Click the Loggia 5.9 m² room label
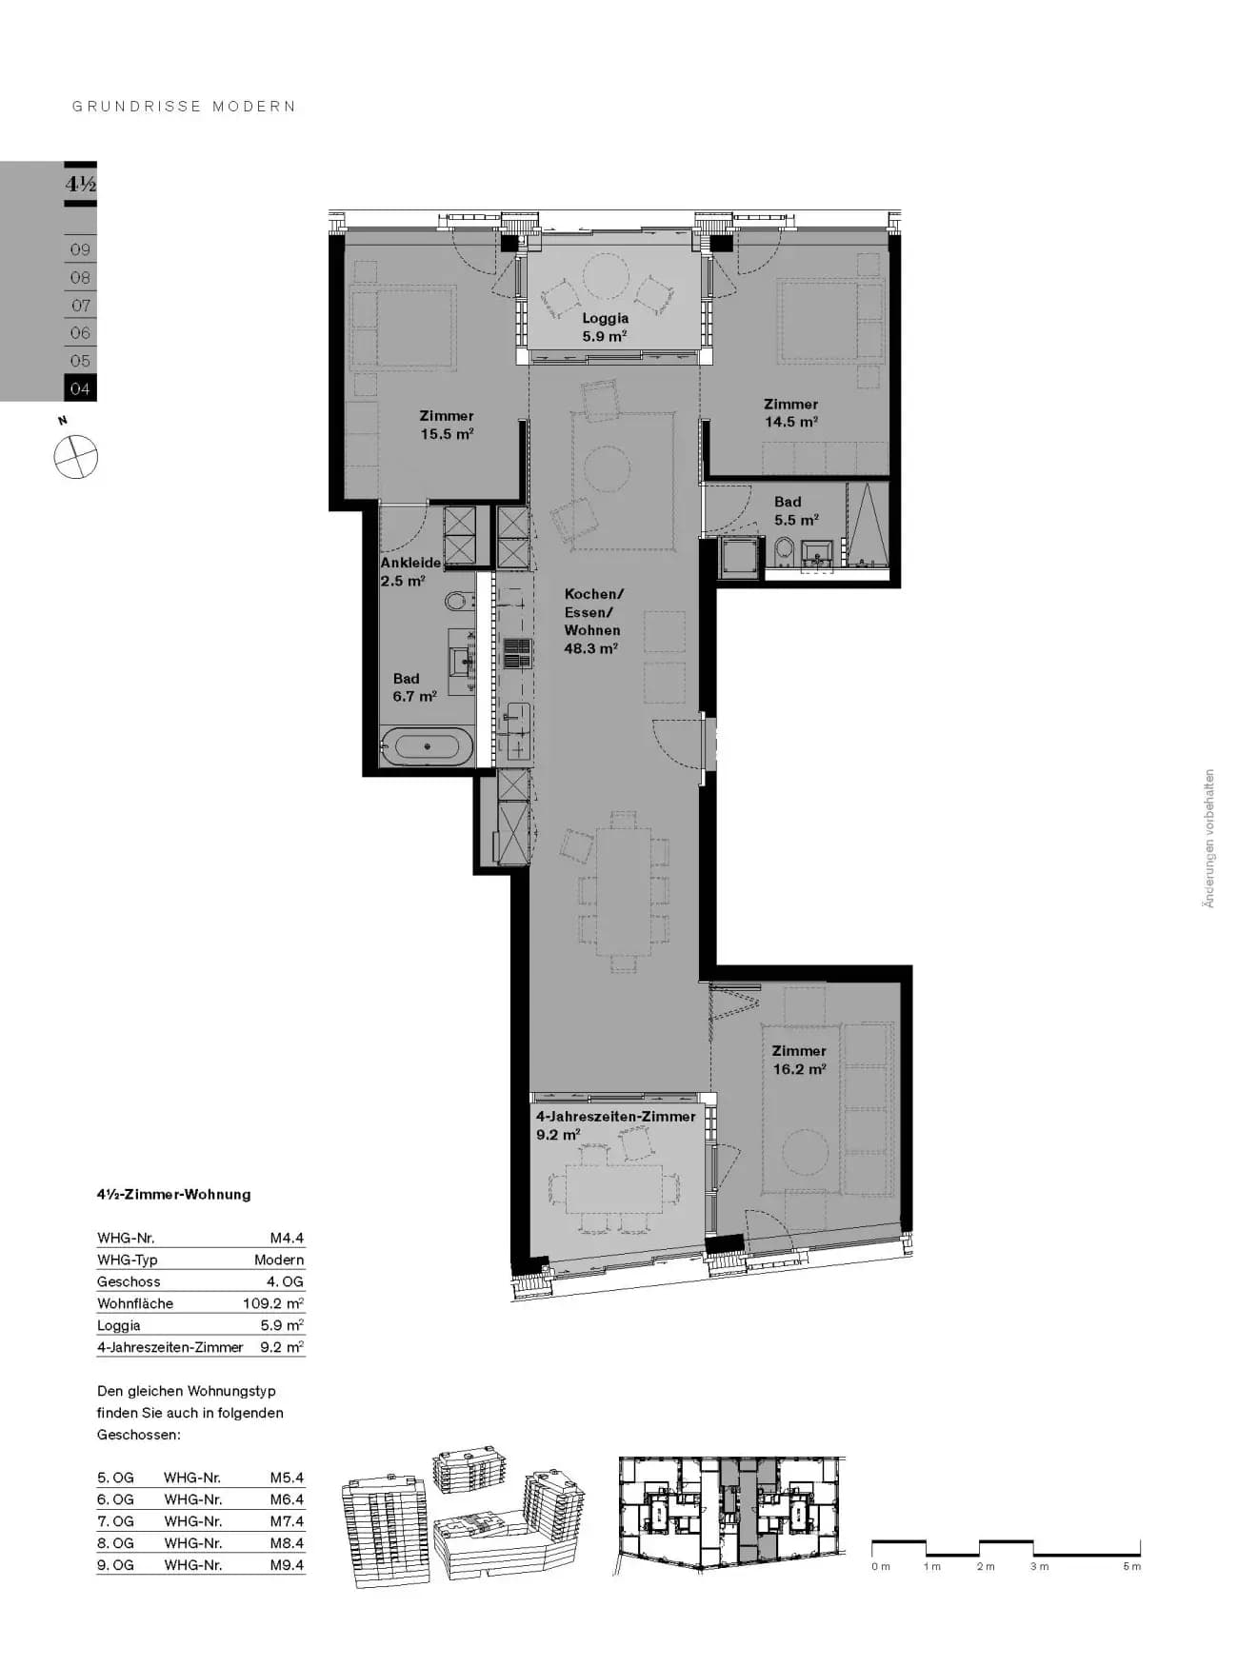point(605,327)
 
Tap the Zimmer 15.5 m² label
point(447,425)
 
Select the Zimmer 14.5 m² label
point(790,413)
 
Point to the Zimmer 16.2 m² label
point(799,1060)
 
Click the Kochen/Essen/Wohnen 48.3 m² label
point(593,621)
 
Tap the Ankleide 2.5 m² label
point(410,571)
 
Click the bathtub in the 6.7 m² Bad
point(427,746)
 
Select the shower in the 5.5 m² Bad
point(867,526)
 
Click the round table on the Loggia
point(606,276)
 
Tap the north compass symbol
point(75,457)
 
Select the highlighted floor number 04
point(80,388)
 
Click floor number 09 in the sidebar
point(80,249)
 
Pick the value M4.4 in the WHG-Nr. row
point(287,1238)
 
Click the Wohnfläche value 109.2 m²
point(273,1303)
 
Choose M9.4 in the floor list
point(287,1564)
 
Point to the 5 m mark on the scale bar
point(1131,1566)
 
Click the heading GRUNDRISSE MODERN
point(185,107)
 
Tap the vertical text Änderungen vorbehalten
point(1208,839)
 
